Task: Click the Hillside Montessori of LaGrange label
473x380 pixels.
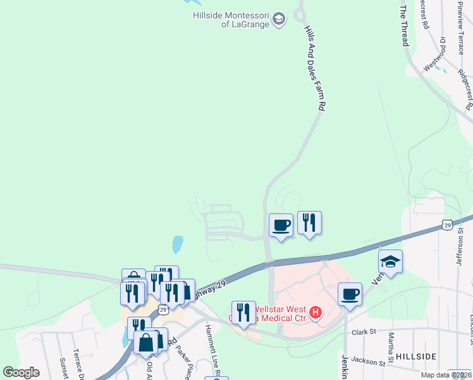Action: (x=232, y=18)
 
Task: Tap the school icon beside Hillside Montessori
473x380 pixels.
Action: (x=279, y=18)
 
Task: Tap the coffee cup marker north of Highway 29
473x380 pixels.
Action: (x=281, y=225)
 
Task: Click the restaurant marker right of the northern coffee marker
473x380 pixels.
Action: (x=309, y=223)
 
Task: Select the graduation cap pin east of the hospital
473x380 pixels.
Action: (x=391, y=262)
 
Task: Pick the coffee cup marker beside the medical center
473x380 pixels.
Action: (x=350, y=294)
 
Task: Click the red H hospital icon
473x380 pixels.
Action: (x=315, y=312)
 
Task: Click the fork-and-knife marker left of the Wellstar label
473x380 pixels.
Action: (x=243, y=312)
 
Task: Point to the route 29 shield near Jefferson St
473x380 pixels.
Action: (x=448, y=224)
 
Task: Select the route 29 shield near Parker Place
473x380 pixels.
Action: (x=163, y=310)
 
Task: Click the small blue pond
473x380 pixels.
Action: (x=178, y=244)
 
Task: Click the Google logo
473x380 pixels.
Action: (x=21, y=372)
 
